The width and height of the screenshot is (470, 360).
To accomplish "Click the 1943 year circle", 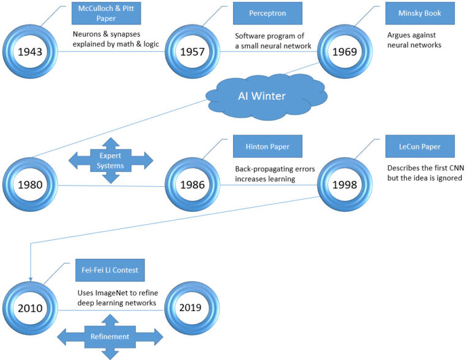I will coord(30,51).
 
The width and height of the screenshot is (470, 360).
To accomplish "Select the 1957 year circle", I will coord(192,51).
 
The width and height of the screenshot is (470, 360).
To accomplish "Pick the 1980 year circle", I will coord(30,184).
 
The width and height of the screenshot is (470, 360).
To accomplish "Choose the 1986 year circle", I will coord(192,184).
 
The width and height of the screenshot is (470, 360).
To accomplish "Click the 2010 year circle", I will coord(30,308).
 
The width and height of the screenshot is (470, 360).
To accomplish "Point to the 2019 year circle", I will coord(192,308).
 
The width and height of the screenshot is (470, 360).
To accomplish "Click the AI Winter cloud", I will coord(267,97).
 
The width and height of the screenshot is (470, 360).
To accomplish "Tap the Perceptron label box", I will coord(259,12).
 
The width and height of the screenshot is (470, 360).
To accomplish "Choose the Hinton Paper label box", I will coord(259,147).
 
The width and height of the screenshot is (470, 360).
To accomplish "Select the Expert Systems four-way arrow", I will coord(110,161).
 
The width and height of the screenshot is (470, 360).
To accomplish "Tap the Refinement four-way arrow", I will coord(110,336).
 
